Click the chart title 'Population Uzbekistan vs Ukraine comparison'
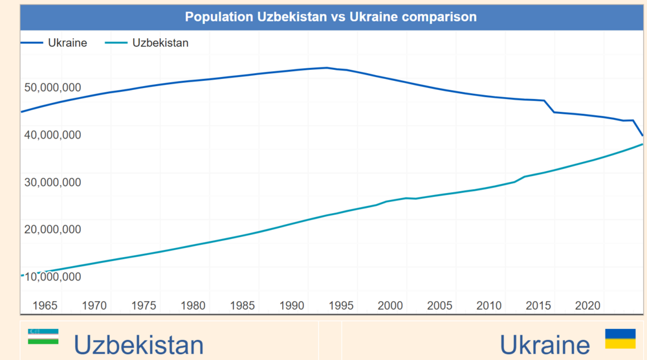click(x=331, y=17)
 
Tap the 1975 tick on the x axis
click(x=144, y=305)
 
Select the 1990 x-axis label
click(x=292, y=305)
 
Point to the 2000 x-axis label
click(x=390, y=305)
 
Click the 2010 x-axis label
click(x=489, y=305)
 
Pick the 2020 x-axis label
click(x=587, y=305)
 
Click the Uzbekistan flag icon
click(x=43, y=335)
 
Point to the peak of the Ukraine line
click(x=327, y=67)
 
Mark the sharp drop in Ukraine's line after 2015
click(x=549, y=106)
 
